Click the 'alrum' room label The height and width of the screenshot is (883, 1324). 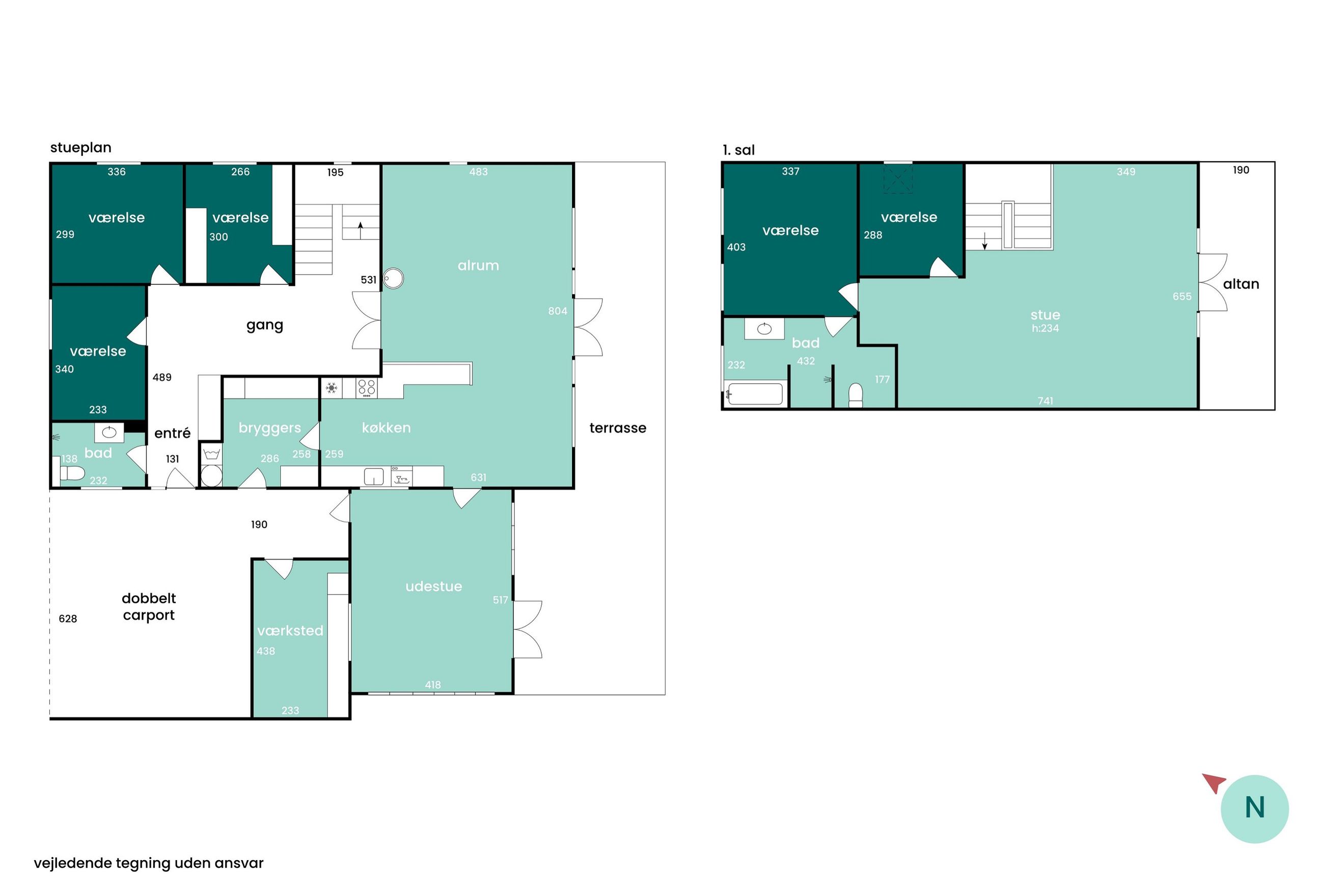click(x=478, y=265)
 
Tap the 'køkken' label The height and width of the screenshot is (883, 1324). click(x=386, y=427)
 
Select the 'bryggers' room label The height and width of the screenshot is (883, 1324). click(x=269, y=429)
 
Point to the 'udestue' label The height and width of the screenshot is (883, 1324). click(x=433, y=586)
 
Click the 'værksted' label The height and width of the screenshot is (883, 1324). click(x=290, y=630)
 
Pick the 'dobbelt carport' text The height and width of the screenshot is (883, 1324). click(x=149, y=606)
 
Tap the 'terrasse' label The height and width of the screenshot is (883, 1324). click(x=617, y=428)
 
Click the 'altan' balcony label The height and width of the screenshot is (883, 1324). click(x=1240, y=284)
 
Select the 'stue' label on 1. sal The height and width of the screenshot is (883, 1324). click(x=1045, y=315)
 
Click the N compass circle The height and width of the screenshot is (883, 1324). click(x=1254, y=809)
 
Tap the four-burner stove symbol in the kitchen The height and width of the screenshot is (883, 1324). click(x=367, y=388)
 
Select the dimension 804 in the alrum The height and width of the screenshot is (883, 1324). click(x=557, y=311)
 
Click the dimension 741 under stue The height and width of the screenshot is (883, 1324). click(x=1045, y=400)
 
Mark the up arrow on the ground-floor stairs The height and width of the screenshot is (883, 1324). click(x=360, y=230)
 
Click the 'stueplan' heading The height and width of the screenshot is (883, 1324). click(x=80, y=148)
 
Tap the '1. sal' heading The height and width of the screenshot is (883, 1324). click(x=738, y=150)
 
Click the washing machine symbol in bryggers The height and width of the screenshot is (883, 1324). click(x=211, y=453)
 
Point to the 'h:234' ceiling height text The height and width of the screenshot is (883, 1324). click(x=1045, y=328)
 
